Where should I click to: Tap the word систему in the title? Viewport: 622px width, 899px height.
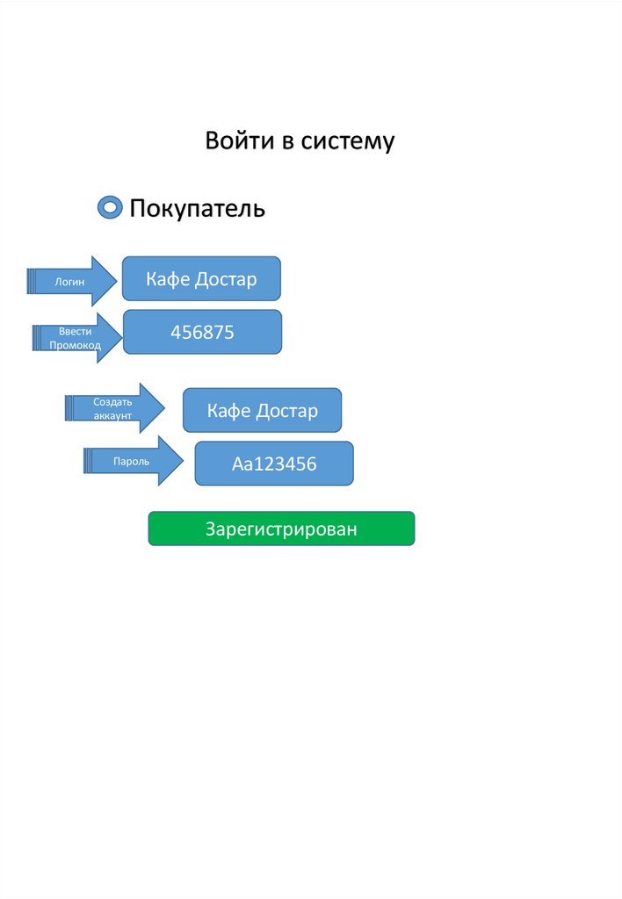tap(348, 140)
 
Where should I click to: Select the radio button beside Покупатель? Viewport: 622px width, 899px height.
tap(109, 209)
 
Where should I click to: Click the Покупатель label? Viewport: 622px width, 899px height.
tap(197, 209)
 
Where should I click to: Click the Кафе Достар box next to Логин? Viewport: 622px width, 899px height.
tap(201, 279)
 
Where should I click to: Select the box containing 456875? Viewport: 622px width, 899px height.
tap(202, 332)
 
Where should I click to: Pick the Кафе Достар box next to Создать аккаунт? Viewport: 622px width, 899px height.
tap(262, 410)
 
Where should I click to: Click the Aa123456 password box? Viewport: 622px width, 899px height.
tap(274, 464)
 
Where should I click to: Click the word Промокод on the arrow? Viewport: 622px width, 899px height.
tap(75, 346)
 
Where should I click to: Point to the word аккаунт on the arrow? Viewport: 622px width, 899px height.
tap(112, 415)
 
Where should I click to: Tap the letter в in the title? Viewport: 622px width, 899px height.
tap(287, 140)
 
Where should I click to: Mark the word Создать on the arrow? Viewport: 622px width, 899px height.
tap(112, 401)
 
